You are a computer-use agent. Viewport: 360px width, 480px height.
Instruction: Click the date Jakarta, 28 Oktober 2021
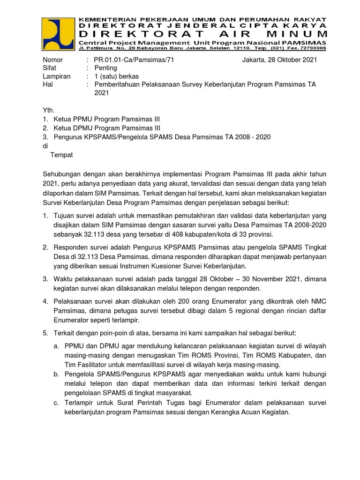click(x=279, y=60)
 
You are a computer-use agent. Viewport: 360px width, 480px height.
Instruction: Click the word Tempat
click(x=61, y=154)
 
